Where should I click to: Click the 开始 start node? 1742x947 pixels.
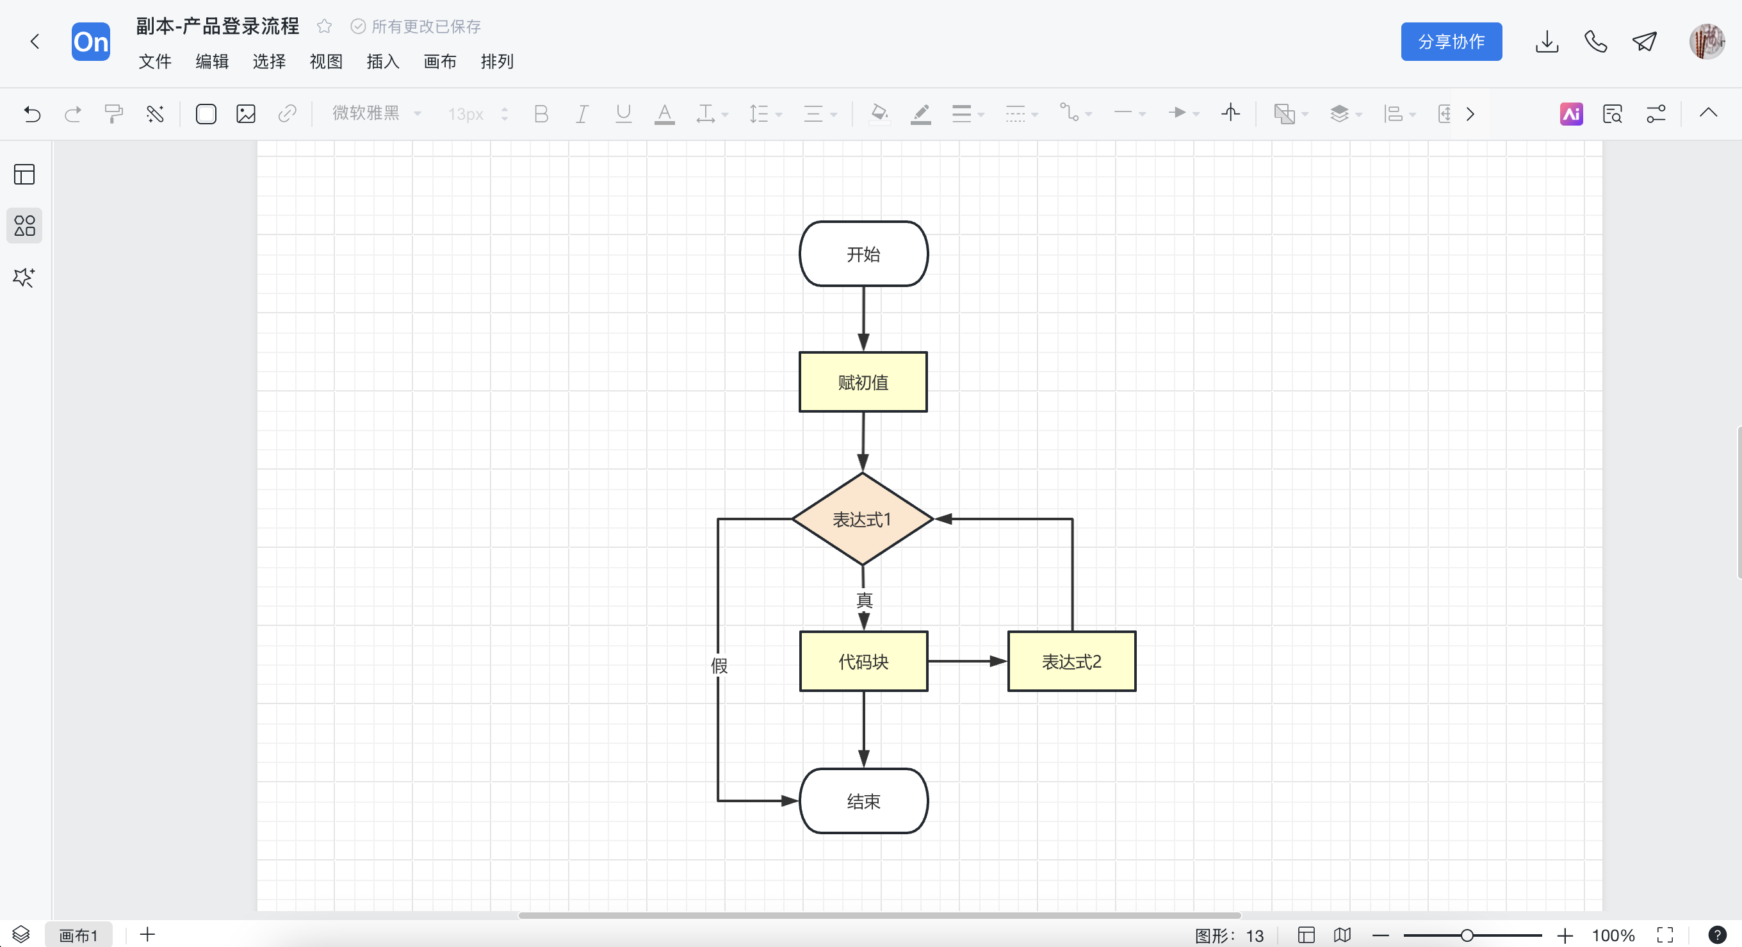tap(863, 254)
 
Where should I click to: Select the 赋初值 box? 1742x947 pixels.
tap(863, 382)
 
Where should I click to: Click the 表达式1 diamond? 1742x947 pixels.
tap(862, 519)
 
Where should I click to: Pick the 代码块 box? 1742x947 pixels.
tap(863, 661)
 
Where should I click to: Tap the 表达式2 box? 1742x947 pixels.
tap(1071, 661)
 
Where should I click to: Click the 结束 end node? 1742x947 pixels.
tap(863, 801)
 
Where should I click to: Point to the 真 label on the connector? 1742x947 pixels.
tap(864, 600)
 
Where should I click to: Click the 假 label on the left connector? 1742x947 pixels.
tap(719, 666)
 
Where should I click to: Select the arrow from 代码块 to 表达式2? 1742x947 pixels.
tap(968, 661)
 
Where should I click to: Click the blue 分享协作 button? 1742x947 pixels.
tap(1451, 41)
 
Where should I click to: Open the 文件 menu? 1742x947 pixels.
tap(155, 62)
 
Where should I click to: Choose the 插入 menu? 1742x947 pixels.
tap(383, 62)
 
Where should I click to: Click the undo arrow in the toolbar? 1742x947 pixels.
tap(32, 113)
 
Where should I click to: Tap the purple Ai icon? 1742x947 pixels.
tap(1571, 113)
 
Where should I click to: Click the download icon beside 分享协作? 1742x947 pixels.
tap(1547, 42)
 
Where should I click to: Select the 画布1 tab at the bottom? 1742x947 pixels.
tap(78, 935)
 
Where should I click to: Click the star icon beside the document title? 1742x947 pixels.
tap(325, 26)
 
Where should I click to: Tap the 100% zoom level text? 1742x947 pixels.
tap(1613, 935)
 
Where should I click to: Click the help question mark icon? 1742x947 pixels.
tap(1717, 935)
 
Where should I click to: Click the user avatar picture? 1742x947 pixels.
tap(1706, 42)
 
